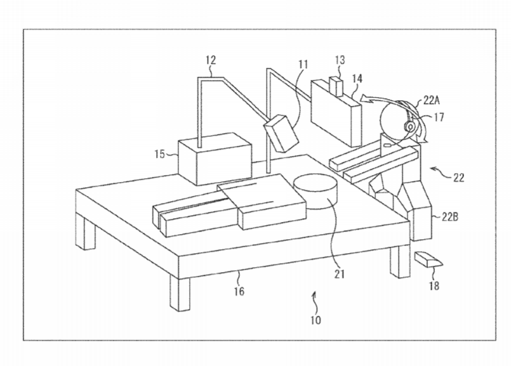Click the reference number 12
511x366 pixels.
pos(211,60)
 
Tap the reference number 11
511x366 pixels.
pos(303,63)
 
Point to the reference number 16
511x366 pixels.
pos(239,291)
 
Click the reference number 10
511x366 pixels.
pos(315,320)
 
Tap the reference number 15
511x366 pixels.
pos(160,154)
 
